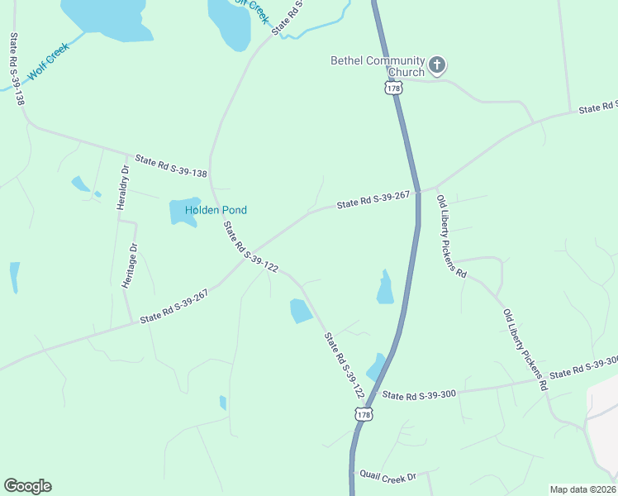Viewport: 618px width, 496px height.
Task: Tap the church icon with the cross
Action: [x=437, y=64]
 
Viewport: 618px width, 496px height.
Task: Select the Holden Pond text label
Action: [x=216, y=210]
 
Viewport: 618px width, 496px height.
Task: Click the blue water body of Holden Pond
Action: [x=182, y=212]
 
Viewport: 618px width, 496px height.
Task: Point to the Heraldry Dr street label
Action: [x=123, y=188]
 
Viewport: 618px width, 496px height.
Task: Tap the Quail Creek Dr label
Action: [x=387, y=475]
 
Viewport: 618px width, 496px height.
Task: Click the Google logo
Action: [x=27, y=486]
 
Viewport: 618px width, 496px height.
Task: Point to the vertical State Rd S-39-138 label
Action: [x=15, y=69]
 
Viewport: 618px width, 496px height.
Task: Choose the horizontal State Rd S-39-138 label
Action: [x=171, y=165]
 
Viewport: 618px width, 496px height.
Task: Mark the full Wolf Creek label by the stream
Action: [x=49, y=61]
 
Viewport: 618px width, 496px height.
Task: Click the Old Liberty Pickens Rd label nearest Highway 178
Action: [x=452, y=236]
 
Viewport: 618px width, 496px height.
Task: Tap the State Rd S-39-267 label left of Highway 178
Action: [x=373, y=201]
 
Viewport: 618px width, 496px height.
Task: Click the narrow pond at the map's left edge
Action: [x=15, y=277]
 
